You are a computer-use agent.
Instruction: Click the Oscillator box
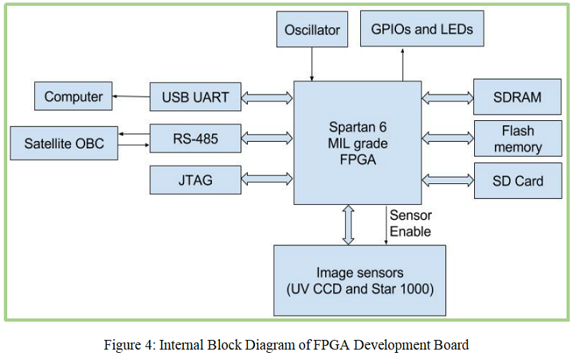click(x=312, y=31)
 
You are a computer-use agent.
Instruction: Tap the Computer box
click(x=74, y=96)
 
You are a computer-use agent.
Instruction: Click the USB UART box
click(x=196, y=97)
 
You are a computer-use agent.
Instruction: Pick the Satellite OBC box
click(x=64, y=143)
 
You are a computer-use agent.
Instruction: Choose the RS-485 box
click(x=196, y=138)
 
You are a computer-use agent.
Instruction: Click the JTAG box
click(x=196, y=180)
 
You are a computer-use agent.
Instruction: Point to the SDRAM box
click(x=517, y=97)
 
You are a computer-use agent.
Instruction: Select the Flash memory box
click(x=517, y=139)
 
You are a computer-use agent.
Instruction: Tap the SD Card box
click(x=517, y=181)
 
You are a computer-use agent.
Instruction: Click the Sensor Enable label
click(x=410, y=223)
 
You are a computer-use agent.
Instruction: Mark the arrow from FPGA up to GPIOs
click(x=403, y=64)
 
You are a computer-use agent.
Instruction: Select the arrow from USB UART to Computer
click(x=131, y=96)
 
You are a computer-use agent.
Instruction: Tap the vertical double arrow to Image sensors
click(x=349, y=224)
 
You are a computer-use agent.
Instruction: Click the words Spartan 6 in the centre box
click(x=356, y=127)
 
